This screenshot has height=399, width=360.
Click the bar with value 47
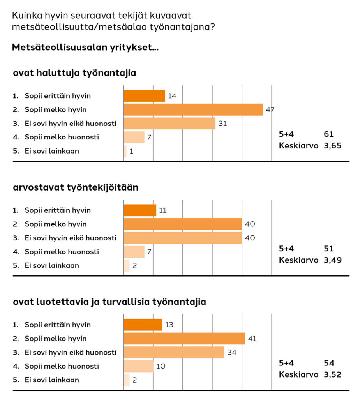(x=193, y=109)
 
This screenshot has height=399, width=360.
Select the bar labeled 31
(x=169, y=124)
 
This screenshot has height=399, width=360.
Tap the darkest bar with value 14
(x=144, y=96)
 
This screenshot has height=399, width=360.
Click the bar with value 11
(x=140, y=210)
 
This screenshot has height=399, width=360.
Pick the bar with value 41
(x=184, y=339)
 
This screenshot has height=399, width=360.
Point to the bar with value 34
(x=174, y=353)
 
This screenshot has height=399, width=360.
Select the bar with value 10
(x=138, y=366)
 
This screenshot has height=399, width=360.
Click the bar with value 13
(x=143, y=325)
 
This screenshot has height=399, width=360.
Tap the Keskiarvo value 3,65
(x=333, y=147)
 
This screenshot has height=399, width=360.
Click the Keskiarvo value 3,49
(x=333, y=260)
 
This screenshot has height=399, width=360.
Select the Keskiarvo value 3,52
(x=333, y=374)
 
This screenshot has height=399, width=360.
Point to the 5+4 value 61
(x=329, y=134)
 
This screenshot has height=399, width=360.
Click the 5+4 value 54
(x=329, y=363)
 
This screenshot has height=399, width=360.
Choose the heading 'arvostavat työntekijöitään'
(x=76, y=187)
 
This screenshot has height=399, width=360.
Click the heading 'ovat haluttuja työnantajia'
(x=74, y=73)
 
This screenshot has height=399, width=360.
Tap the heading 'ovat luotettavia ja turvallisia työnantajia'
(x=109, y=302)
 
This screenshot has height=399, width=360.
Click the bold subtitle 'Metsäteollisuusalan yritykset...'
(x=85, y=48)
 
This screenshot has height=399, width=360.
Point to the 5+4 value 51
(x=328, y=249)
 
